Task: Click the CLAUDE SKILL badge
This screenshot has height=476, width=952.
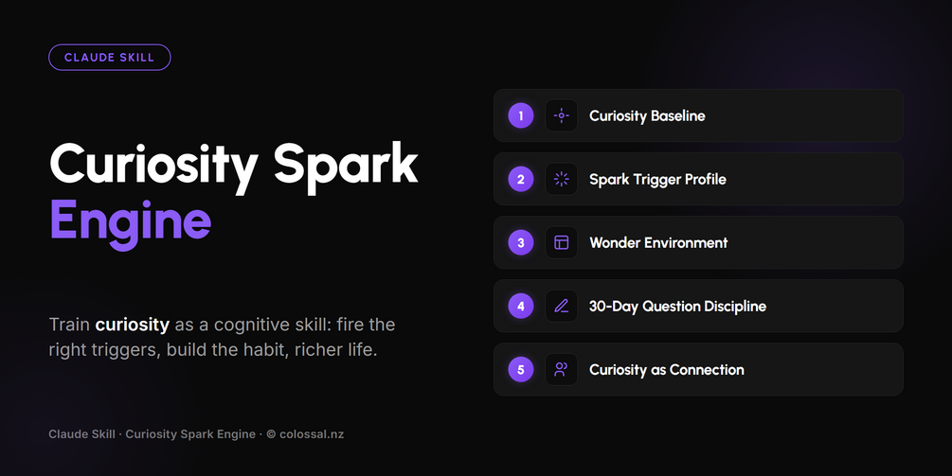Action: click(109, 58)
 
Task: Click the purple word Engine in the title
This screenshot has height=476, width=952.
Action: click(130, 222)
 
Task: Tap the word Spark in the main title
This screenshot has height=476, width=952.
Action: click(346, 167)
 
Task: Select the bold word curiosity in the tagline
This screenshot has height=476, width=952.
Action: click(133, 325)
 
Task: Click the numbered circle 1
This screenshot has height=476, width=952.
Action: click(521, 115)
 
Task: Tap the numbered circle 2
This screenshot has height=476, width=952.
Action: click(521, 179)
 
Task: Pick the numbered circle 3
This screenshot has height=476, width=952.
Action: click(521, 242)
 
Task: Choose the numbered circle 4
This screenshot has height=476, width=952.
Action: click(521, 307)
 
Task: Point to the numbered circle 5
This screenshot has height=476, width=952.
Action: click(521, 369)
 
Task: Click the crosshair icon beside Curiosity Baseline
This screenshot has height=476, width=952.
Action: click(562, 115)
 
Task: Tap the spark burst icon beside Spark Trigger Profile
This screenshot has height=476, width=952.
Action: click(562, 179)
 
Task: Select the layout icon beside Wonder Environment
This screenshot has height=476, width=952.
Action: click(562, 242)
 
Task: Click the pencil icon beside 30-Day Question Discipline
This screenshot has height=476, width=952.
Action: click(562, 307)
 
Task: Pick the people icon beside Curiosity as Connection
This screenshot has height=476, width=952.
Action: click(562, 369)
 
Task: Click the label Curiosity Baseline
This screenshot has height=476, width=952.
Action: click(647, 116)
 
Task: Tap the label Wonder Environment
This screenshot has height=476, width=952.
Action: click(658, 242)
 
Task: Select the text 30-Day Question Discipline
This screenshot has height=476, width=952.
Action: click(677, 307)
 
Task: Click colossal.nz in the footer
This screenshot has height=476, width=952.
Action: click(312, 434)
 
